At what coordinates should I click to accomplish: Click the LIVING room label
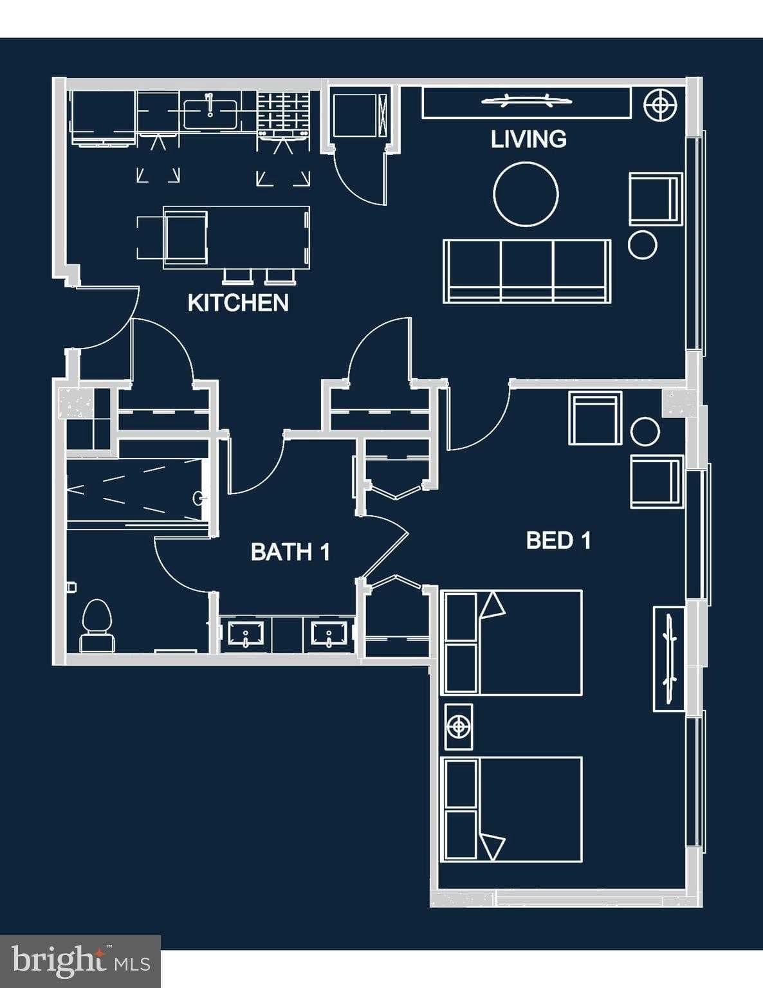[x=528, y=139]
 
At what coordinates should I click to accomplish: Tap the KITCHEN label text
[x=238, y=303]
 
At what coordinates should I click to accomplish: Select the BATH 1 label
[x=290, y=552]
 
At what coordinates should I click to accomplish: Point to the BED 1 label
[x=558, y=540]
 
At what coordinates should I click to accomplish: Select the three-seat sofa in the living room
[x=527, y=270]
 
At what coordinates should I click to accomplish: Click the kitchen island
[x=237, y=237]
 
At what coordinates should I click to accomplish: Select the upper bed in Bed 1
[x=513, y=643]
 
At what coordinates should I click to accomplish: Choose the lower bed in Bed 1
[x=513, y=809]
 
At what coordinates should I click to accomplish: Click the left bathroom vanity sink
[x=245, y=634]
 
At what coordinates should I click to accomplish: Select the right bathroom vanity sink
[x=329, y=634]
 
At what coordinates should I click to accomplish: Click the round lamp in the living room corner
[x=661, y=104]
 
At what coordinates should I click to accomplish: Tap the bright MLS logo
[x=80, y=961]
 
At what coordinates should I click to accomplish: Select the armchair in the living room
[x=655, y=199]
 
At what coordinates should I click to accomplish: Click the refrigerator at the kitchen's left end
[x=102, y=114]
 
